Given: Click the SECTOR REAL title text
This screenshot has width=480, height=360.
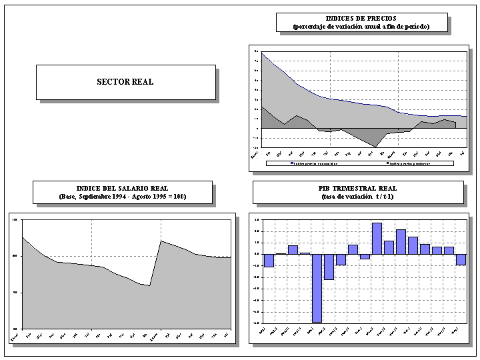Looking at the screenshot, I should pyautogui.click(x=125, y=82).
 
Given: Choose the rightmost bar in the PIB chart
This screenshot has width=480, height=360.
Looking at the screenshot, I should pyautogui.click(x=461, y=259).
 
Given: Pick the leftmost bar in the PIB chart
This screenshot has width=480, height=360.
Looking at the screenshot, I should pyautogui.click(x=269, y=260).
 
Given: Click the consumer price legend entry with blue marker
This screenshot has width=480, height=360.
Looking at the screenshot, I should pyautogui.click(x=313, y=163).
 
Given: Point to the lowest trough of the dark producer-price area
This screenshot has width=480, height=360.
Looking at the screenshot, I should pyautogui.click(x=376, y=146).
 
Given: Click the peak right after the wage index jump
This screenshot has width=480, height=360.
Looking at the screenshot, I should pyautogui.click(x=161, y=241).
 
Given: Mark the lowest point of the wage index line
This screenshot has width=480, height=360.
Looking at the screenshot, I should pyautogui.click(x=150, y=285).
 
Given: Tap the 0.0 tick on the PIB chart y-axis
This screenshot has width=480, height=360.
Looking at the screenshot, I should pyautogui.click(x=257, y=254).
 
